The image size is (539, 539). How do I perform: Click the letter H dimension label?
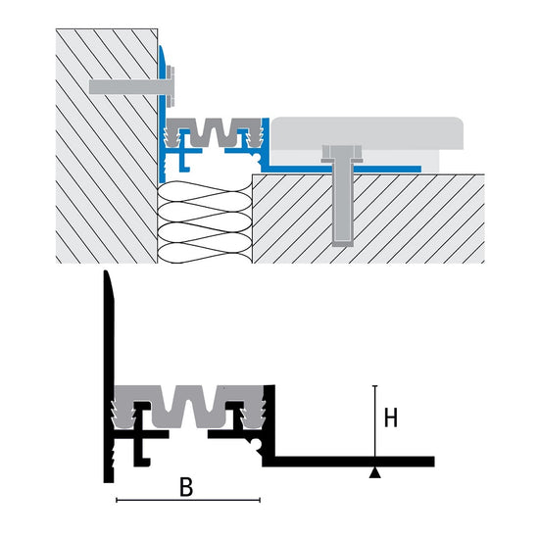click(x=390, y=417)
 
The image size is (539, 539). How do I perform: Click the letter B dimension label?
click(x=186, y=487)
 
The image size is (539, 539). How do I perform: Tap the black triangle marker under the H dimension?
click(x=375, y=473)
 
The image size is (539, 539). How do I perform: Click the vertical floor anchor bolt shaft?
click(x=342, y=203)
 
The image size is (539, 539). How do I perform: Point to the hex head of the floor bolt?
click(x=342, y=154)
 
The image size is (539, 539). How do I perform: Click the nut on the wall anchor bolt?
click(x=171, y=86)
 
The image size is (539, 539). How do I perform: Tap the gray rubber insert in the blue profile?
click(x=213, y=132)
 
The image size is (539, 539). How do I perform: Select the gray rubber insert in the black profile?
click(x=189, y=407)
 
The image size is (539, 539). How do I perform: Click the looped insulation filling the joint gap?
click(x=205, y=222)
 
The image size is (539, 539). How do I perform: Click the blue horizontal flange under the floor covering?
click(x=344, y=169)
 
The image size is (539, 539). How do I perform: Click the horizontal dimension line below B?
click(x=188, y=500)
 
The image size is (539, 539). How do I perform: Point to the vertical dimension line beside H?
click(x=375, y=426)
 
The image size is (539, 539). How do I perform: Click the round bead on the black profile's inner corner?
click(x=257, y=444)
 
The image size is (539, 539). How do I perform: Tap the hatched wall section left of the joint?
click(x=107, y=146)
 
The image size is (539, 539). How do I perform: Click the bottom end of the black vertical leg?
click(x=109, y=480)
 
